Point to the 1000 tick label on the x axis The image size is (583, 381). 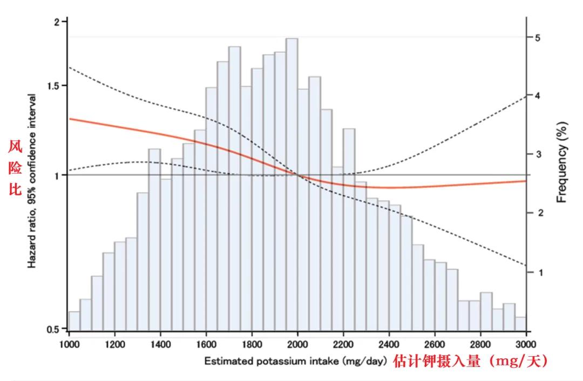(69, 344)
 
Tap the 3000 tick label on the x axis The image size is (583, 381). (526, 344)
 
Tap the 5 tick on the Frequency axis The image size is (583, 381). (538, 37)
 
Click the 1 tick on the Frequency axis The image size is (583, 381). (538, 273)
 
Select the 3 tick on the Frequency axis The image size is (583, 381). (538, 154)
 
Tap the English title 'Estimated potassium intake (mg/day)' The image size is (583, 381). (295, 362)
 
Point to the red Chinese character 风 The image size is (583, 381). (15, 146)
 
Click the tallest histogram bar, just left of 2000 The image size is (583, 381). (292, 183)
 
